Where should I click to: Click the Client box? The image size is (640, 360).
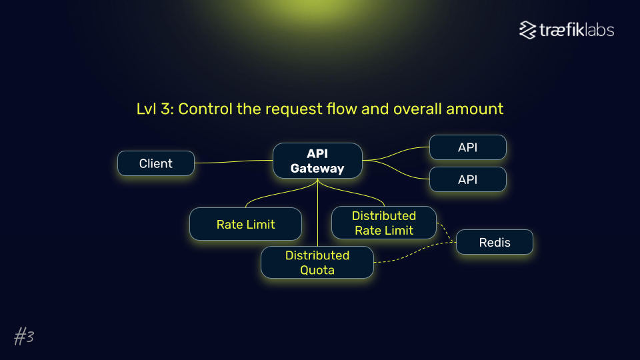156,163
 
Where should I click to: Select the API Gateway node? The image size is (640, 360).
317,161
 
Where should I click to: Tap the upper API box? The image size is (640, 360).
467,147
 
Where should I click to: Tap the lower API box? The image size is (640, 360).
467,179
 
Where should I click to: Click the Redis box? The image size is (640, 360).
495,242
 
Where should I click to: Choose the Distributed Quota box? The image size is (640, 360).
317,263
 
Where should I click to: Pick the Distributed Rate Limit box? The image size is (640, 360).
384,223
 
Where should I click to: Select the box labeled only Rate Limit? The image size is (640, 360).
245,225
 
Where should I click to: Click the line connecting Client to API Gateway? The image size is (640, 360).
233,161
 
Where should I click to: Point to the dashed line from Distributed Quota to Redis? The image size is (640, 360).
413,255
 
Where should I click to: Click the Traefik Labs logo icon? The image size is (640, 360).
528,30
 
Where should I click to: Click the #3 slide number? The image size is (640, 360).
24,337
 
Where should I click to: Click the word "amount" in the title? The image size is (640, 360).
475,109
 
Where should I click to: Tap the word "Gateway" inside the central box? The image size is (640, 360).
317,169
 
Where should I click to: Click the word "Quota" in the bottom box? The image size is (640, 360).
317,270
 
